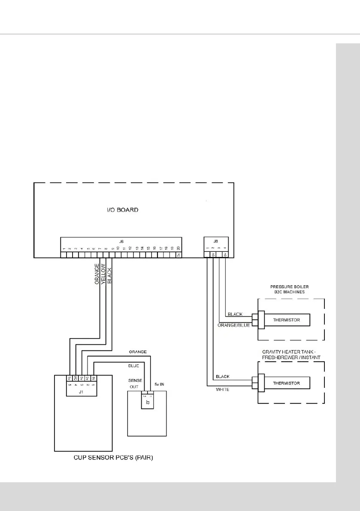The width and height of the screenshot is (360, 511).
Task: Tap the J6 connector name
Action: pyautogui.click(x=121, y=242)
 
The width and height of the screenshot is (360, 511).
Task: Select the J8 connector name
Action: pyautogui.click(x=215, y=242)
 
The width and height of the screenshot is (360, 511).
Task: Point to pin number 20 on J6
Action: pyautogui.click(x=178, y=248)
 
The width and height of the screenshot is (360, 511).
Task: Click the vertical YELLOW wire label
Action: pyautogui.click(x=103, y=274)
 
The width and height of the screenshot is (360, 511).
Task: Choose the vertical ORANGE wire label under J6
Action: pyautogui.click(x=97, y=274)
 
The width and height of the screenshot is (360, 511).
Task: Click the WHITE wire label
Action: pyautogui.click(x=222, y=390)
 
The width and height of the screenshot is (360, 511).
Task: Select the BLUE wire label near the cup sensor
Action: pyautogui.click(x=133, y=366)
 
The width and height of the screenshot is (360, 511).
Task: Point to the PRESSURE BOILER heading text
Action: pyautogui.click(x=290, y=289)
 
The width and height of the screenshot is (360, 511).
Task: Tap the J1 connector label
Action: pyautogui.click(x=82, y=391)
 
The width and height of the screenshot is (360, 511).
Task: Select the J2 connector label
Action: pyautogui.click(x=147, y=402)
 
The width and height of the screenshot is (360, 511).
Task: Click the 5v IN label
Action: pyautogui.click(x=160, y=384)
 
